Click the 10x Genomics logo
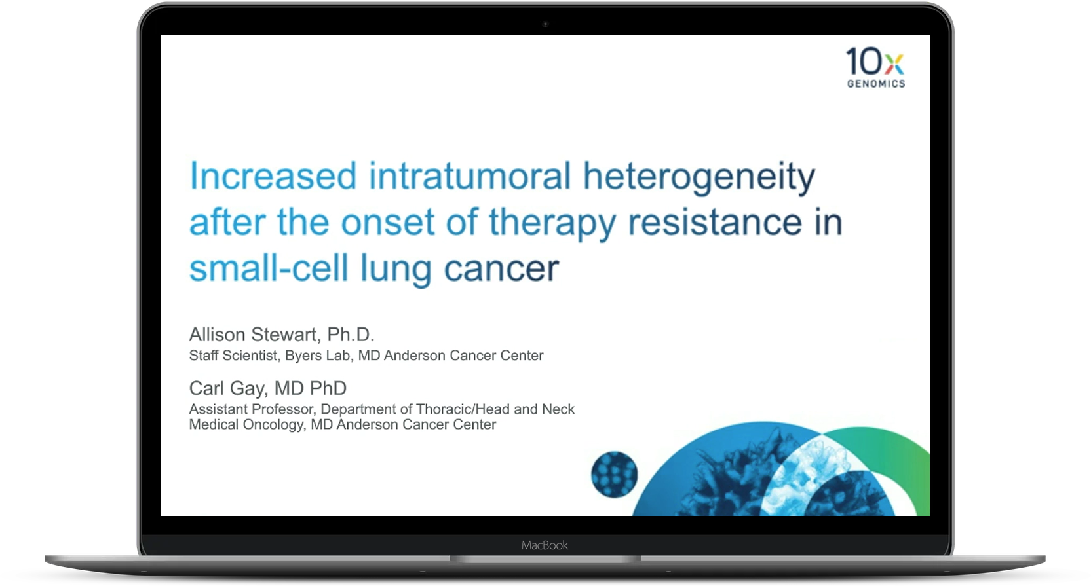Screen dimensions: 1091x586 click(875, 67)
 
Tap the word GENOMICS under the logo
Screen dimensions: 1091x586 click(876, 84)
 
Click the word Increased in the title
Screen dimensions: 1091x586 click(273, 175)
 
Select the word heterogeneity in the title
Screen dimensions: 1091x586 click(699, 178)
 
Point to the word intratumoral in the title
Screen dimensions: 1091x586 click(470, 175)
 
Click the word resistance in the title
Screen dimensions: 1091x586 click(715, 222)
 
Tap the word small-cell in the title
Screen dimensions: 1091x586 click(269, 268)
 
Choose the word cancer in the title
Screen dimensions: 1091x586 click(502, 270)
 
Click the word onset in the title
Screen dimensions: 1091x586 click(388, 223)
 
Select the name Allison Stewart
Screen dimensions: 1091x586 click(253, 335)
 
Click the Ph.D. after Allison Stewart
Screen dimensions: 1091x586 click(351, 335)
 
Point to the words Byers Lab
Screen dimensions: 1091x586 click(318, 356)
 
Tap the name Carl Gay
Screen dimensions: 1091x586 click(227, 388)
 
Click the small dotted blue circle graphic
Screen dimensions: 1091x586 click(614, 475)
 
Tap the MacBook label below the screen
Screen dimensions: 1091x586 click(545, 545)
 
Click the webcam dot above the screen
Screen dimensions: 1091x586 click(545, 24)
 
